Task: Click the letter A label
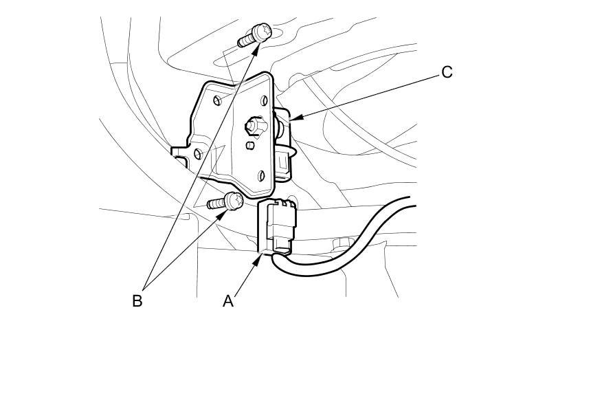[x=228, y=300]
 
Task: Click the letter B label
[x=137, y=300]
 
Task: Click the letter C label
[x=447, y=72]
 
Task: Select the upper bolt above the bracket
[x=256, y=35]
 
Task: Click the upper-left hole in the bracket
[x=218, y=100]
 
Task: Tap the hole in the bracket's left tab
[x=198, y=153]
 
